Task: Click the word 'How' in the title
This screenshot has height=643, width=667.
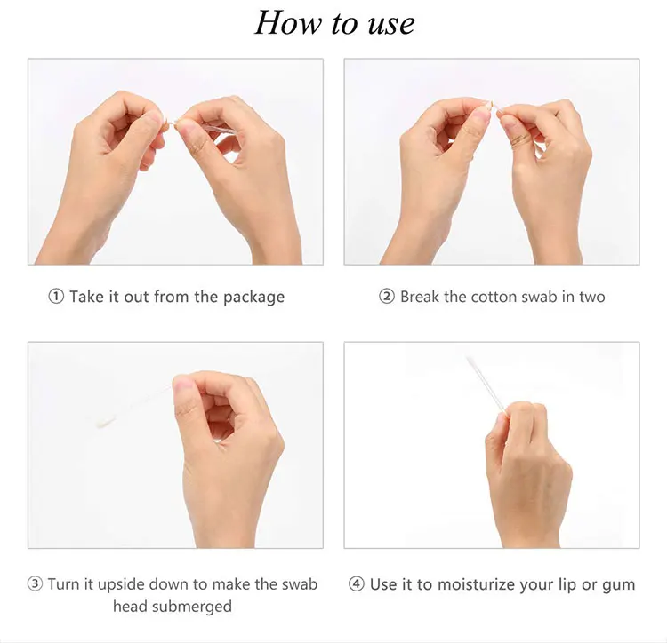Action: coord(287,23)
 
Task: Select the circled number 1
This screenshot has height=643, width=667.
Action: coord(56,297)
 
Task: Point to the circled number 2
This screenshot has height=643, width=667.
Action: coord(387,297)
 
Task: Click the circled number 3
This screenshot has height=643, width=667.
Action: coord(35,584)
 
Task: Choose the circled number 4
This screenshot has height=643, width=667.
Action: coord(356,584)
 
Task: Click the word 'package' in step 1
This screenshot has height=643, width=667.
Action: coord(254,298)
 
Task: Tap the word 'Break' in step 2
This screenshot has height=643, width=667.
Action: coord(420,297)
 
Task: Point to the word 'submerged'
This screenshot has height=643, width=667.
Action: coord(191,607)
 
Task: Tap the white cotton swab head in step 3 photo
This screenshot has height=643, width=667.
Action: coord(106,421)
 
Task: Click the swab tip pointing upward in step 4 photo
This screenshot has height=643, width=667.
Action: coord(470,361)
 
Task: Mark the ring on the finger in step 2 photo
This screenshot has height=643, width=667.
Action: coord(520,139)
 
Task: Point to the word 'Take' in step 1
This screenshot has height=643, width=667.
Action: coord(87,297)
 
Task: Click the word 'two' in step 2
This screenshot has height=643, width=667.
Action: coord(592,298)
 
